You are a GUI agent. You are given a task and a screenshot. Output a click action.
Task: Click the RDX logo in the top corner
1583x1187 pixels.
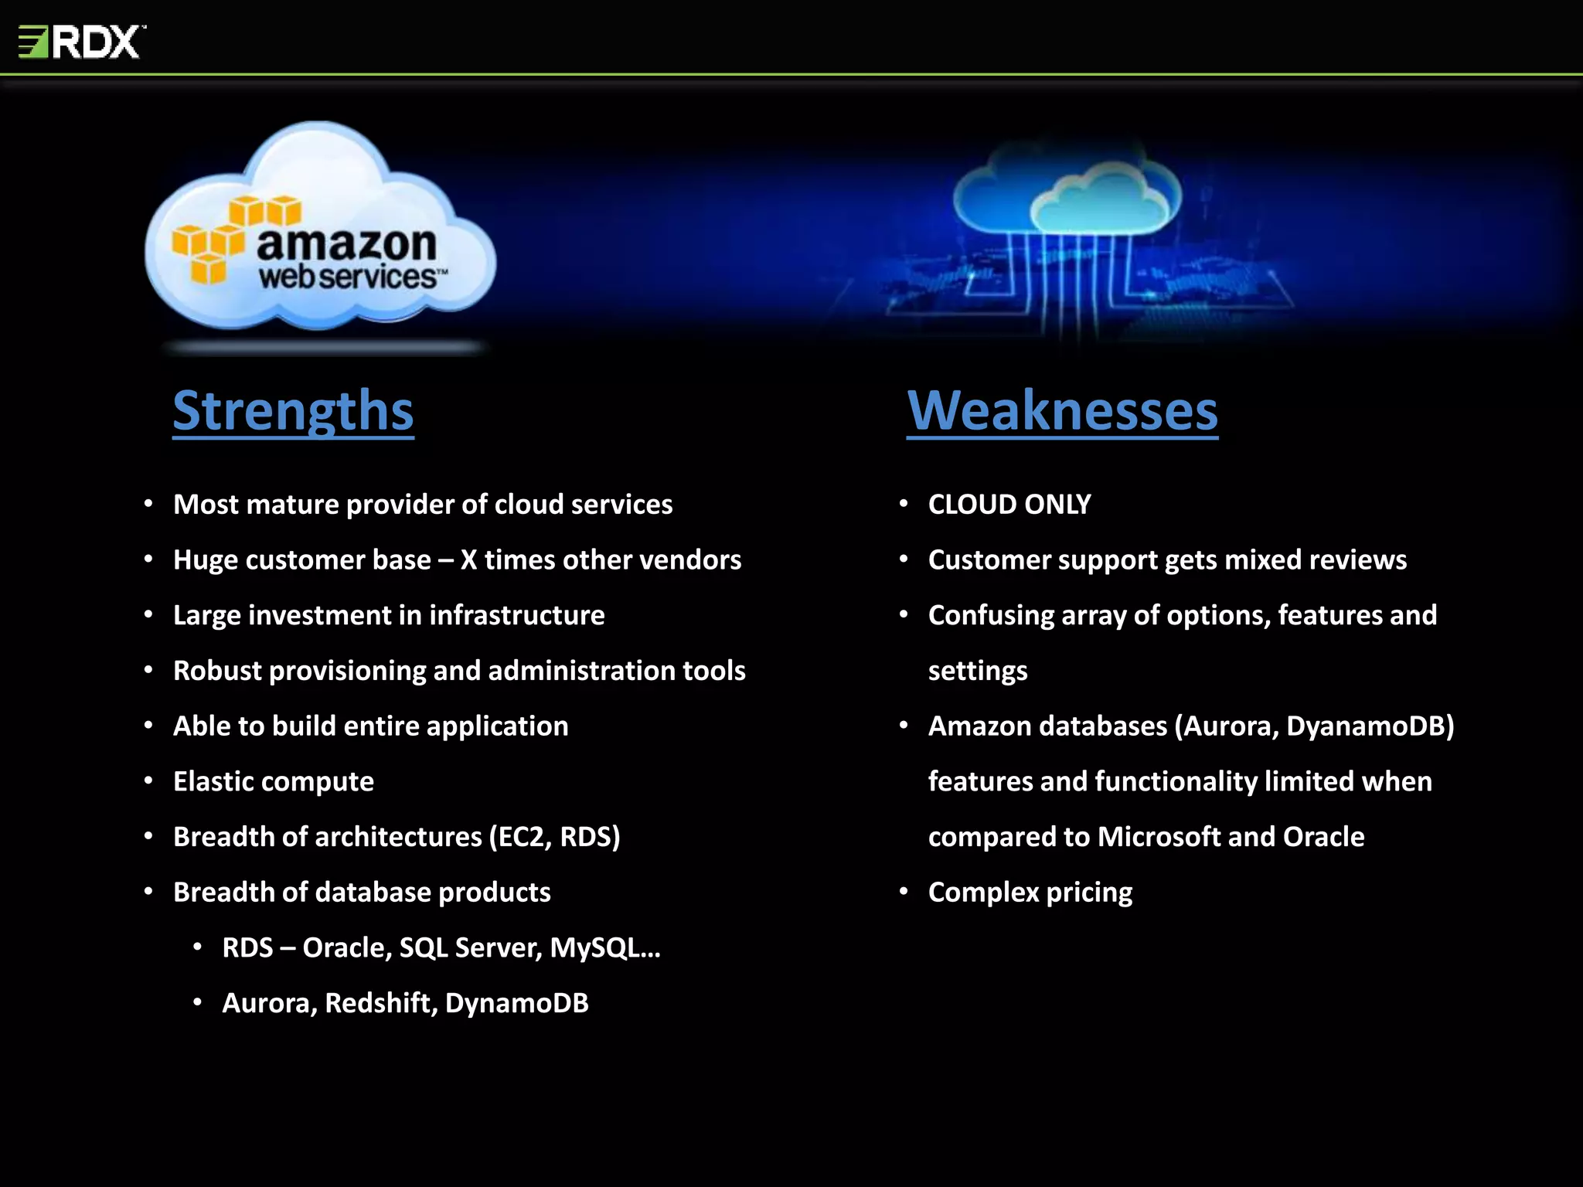click(x=81, y=42)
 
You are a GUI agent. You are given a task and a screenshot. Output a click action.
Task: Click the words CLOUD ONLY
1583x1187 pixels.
click(x=1009, y=505)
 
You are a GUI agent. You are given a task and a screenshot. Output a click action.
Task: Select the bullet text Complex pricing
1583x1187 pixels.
click(x=1030, y=893)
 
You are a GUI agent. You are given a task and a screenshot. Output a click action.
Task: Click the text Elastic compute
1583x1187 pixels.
click(x=273, y=781)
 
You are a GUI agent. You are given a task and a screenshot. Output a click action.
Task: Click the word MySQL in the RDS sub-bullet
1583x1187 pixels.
click(x=594, y=948)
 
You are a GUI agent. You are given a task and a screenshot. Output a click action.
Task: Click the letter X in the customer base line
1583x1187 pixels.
click(x=468, y=560)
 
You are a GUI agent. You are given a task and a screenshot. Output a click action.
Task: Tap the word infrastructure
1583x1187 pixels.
click(x=516, y=616)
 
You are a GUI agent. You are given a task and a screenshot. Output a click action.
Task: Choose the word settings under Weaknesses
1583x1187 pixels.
click(x=977, y=671)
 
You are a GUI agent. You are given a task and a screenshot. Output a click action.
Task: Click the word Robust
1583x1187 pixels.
click(x=217, y=671)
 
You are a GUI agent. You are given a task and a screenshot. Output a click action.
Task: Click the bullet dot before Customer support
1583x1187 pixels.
click(x=903, y=559)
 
